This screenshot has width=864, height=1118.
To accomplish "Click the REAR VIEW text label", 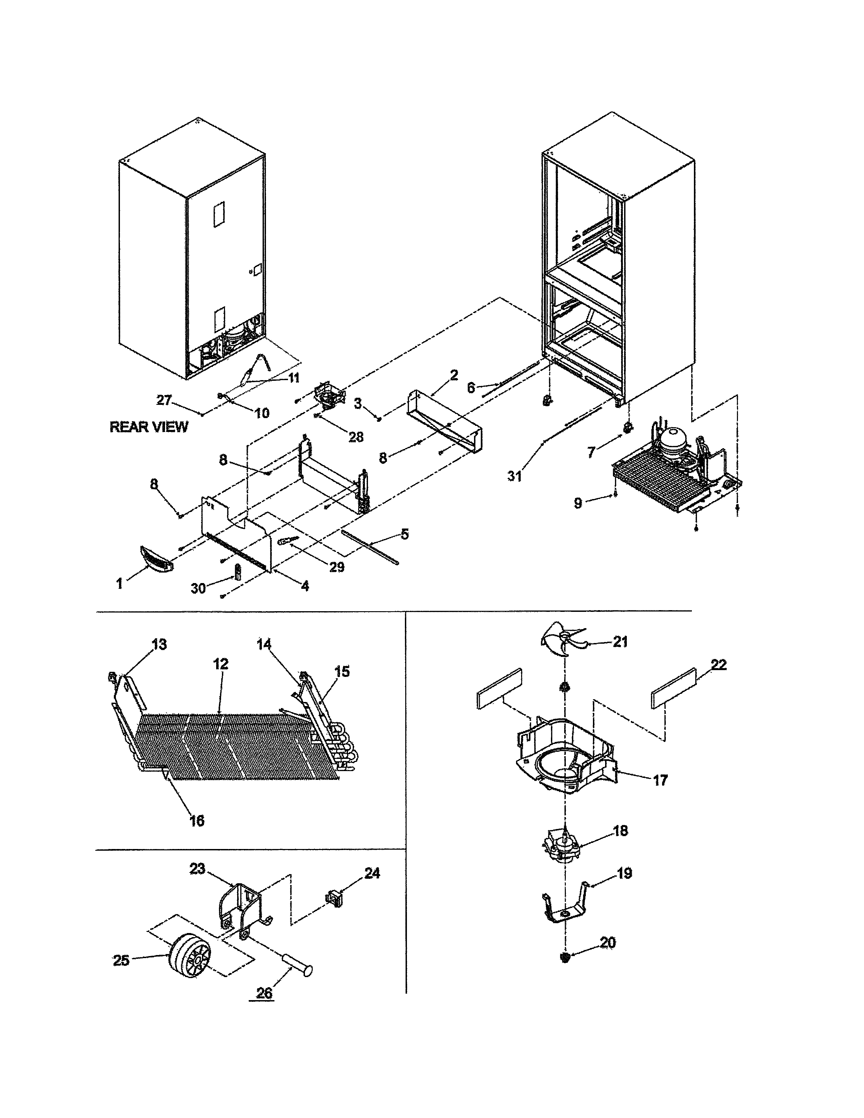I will click(149, 427).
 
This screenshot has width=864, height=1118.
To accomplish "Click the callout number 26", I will click(264, 993).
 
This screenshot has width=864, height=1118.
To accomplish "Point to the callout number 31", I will click(514, 476).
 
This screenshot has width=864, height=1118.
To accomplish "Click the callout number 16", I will click(197, 820).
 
